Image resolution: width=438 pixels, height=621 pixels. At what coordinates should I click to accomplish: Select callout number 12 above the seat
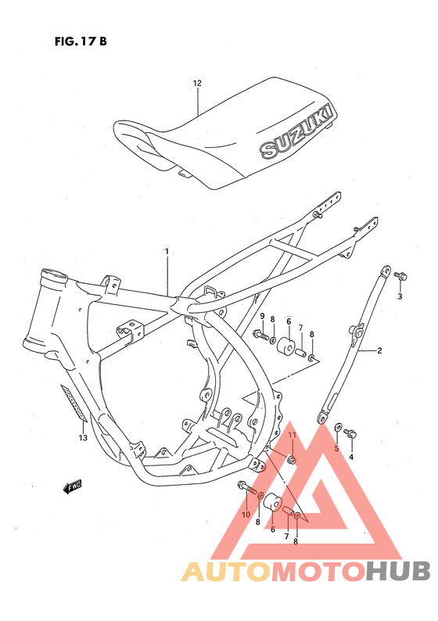(197, 83)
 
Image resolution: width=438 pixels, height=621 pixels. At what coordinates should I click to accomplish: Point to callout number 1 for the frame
(167, 251)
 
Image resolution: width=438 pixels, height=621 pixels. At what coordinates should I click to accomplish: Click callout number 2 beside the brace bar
(380, 350)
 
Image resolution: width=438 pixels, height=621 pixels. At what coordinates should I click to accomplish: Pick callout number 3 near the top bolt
(400, 297)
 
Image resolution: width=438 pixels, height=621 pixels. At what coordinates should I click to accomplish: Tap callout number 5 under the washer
(337, 448)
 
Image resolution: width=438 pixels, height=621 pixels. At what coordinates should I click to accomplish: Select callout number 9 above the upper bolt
(262, 316)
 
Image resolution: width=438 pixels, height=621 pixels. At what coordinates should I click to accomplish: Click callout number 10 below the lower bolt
(245, 514)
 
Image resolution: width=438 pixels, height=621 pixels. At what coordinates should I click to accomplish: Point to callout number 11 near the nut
(291, 435)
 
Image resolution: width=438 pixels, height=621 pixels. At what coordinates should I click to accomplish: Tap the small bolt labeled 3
(400, 275)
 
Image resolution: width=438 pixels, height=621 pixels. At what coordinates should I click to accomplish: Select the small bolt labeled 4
(350, 433)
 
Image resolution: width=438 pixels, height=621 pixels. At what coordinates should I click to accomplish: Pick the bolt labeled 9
(260, 336)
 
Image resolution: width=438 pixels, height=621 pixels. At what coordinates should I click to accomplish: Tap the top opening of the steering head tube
(55, 275)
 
